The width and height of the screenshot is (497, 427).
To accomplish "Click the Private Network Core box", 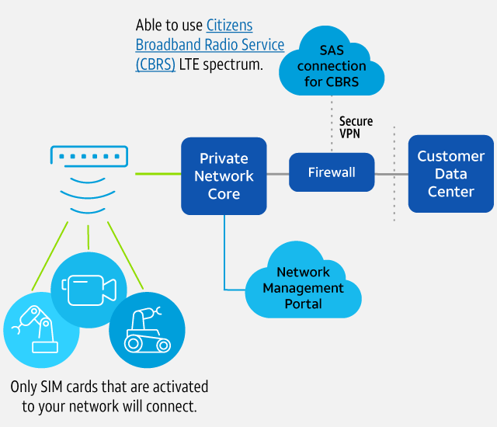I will (x=224, y=176).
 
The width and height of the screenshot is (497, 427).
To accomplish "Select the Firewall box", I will (x=332, y=172).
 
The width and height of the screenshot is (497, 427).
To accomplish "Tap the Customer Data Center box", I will (x=450, y=174).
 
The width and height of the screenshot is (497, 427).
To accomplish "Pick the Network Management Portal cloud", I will (x=303, y=287).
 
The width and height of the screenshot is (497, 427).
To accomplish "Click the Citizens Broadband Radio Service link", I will (x=210, y=45).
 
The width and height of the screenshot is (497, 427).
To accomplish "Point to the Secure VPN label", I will (x=356, y=127).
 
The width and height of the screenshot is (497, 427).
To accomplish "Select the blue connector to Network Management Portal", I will (x=225, y=256).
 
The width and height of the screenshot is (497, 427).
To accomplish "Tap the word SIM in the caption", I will (x=53, y=387).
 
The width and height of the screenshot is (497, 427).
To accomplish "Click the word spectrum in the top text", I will (x=230, y=65).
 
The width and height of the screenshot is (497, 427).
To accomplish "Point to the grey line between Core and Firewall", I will (x=278, y=173).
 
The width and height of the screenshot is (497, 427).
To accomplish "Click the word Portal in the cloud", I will (x=303, y=304).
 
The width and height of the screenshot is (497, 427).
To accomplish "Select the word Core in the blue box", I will (x=224, y=193).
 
